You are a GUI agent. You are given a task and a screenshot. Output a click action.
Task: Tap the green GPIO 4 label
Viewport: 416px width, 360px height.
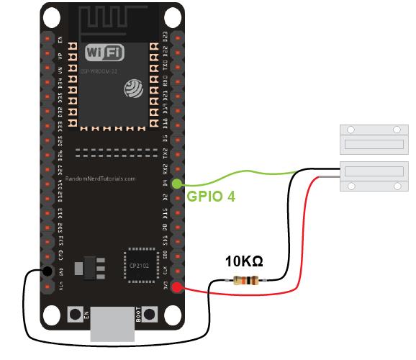pos(211,195)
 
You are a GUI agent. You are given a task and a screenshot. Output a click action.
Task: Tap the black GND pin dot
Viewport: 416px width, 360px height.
pos(47,271)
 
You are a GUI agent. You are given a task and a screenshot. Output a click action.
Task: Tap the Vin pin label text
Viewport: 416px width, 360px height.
pos(61,289)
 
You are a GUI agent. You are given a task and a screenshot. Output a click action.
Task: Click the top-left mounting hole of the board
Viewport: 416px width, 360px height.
pos(50,16)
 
